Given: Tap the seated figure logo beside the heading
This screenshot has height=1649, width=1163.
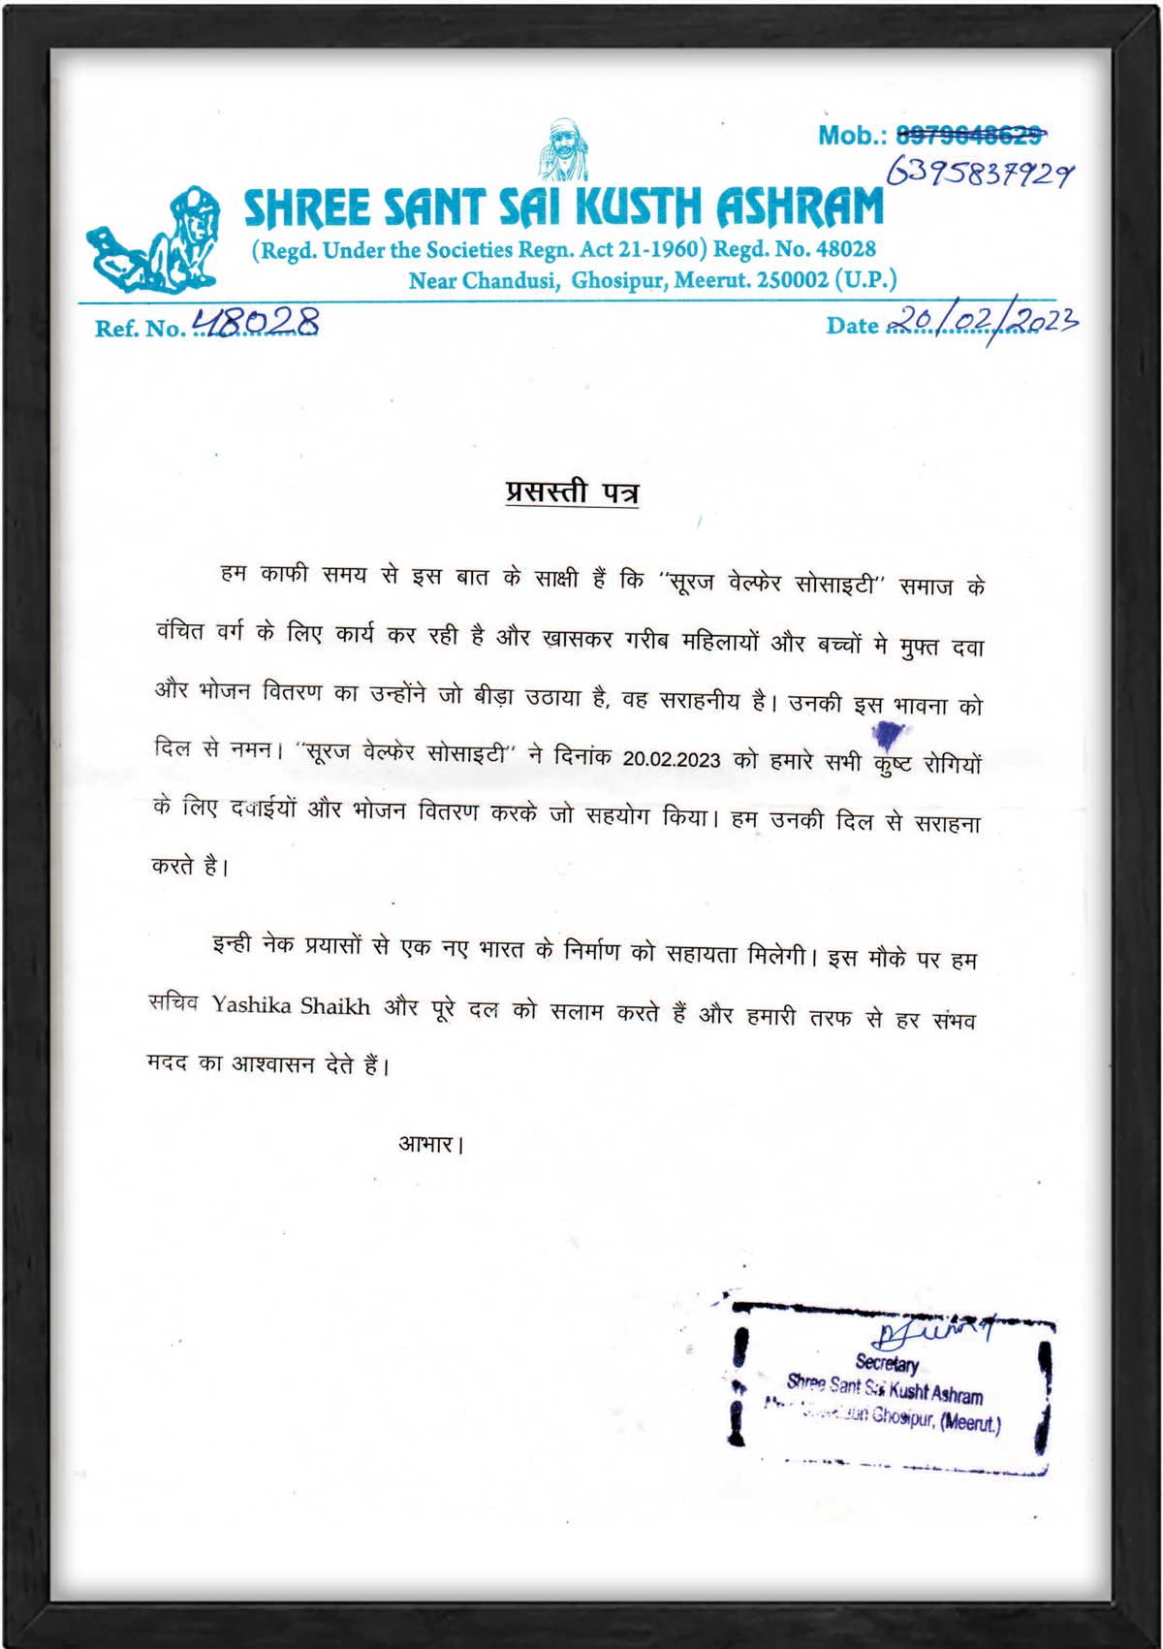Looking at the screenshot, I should (x=155, y=241).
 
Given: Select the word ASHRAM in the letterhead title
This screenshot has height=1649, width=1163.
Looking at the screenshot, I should (x=800, y=207).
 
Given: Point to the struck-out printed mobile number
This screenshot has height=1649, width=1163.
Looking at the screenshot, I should (x=970, y=135).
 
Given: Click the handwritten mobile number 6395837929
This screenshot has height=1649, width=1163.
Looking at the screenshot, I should (x=980, y=174).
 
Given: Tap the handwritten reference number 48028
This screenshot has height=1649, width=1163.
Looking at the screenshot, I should (x=256, y=322).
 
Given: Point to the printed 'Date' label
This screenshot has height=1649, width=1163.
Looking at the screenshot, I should (x=852, y=326).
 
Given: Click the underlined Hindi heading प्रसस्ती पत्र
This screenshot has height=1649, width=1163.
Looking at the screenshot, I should (x=572, y=492).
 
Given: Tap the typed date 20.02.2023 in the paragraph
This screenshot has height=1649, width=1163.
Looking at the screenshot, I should (x=672, y=759).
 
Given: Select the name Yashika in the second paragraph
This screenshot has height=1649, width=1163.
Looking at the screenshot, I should (x=252, y=1004).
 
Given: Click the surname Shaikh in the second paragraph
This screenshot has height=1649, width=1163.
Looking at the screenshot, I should (x=335, y=1006).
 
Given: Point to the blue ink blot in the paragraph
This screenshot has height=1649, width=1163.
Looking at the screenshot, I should (x=890, y=734).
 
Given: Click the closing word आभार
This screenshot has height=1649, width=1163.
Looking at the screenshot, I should (x=427, y=1145).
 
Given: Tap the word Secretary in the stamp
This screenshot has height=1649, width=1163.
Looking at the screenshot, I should (x=887, y=1363).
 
